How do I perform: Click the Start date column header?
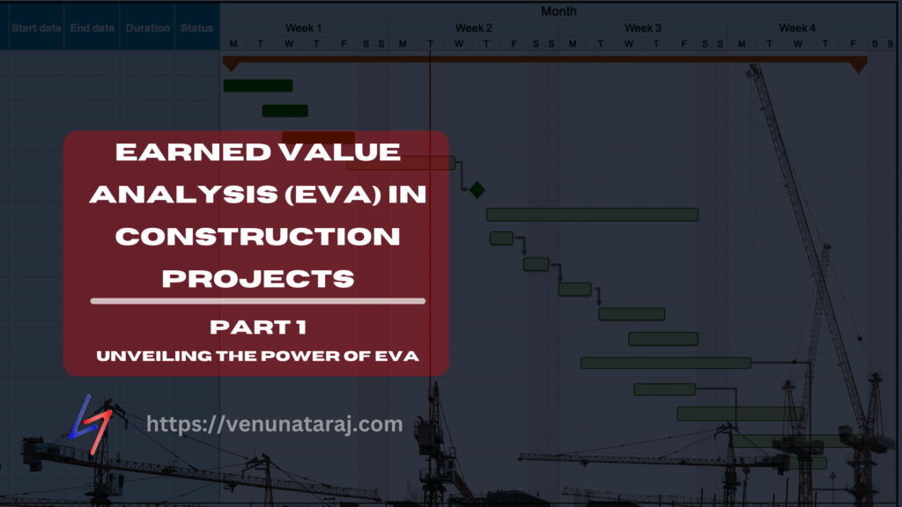(36, 28)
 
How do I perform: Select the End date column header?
(92, 28)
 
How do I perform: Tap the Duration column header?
(147, 28)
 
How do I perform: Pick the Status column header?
(197, 28)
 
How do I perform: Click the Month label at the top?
(559, 11)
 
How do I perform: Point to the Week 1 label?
(303, 28)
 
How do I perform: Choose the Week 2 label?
(474, 28)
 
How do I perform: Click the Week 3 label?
(643, 28)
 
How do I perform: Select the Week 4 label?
(797, 28)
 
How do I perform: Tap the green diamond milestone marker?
(477, 189)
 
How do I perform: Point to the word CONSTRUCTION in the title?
(257, 236)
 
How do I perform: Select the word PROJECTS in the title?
(258, 277)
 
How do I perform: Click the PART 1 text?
(256, 327)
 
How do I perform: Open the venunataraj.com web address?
(274, 424)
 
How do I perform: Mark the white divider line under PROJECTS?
(257, 301)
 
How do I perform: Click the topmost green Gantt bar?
(257, 85)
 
